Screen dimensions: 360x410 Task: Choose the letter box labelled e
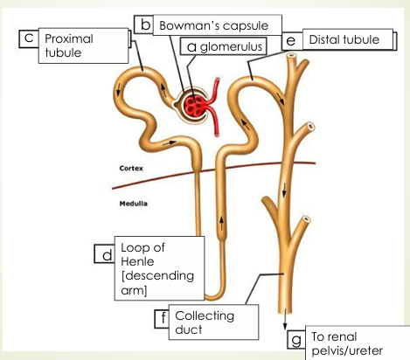[289, 41]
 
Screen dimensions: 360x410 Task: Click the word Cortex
[132, 166]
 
